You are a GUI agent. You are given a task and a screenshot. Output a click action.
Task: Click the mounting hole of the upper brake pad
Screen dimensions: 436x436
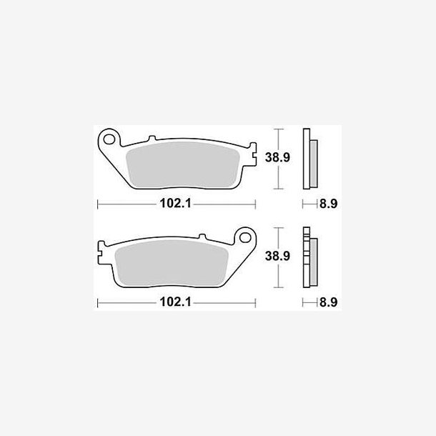(x=109, y=139)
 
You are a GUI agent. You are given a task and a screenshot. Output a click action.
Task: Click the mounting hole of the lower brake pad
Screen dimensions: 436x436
(x=245, y=237)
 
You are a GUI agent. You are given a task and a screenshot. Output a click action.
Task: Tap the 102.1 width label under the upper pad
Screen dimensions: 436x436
(x=176, y=204)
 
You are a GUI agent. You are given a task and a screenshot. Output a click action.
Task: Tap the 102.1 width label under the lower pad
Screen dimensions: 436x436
(x=176, y=302)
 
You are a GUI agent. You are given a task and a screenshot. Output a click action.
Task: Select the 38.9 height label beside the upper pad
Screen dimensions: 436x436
(x=277, y=157)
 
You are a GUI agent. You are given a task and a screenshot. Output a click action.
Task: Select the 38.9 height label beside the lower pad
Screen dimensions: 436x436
(x=277, y=256)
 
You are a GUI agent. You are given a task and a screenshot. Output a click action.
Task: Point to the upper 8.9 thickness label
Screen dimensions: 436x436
(x=328, y=204)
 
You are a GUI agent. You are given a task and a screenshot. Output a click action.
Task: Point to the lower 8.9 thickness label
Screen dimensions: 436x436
(x=328, y=302)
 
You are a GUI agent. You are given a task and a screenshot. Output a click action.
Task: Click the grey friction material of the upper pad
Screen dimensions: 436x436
(x=183, y=164)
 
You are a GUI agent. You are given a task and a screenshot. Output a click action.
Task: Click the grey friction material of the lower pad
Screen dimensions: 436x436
(x=172, y=263)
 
